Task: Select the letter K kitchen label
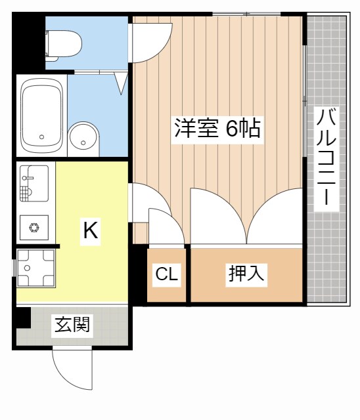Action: click(x=90, y=230)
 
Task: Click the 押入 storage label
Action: click(x=246, y=274)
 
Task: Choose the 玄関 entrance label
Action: click(x=72, y=324)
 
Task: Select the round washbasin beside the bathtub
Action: click(x=83, y=137)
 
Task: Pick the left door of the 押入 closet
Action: click(x=217, y=217)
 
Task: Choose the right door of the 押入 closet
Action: click(x=276, y=217)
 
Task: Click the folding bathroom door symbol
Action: click(x=120, y=82)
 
